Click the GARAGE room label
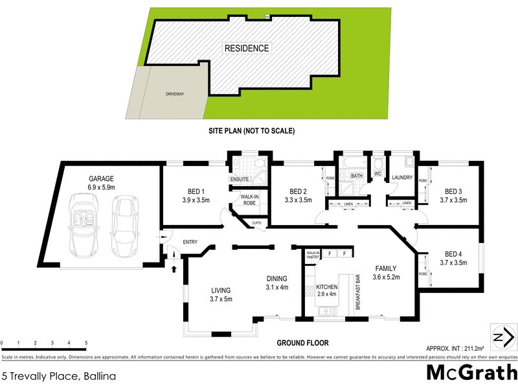[102, 178]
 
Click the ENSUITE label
[239, 179]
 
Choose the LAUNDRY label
[403, 178]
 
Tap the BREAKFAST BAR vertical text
[357, 292]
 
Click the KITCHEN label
[327, 286]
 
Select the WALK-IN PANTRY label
[313, 255]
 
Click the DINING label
[276, 279]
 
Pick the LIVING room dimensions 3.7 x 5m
[220, 299]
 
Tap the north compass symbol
[504, 337]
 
